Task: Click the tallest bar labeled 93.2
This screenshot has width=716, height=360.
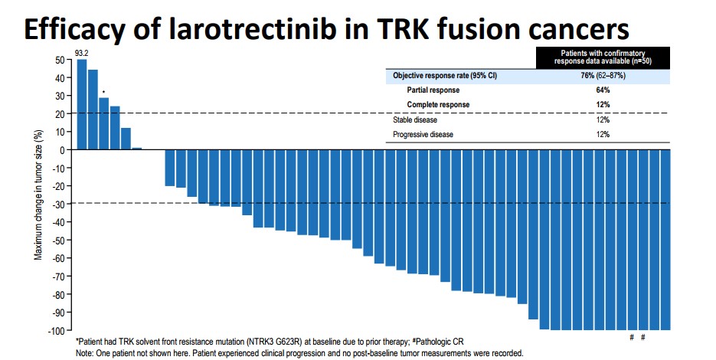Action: pos(81,104)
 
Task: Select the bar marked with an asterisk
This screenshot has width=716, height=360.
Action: pos(103,123)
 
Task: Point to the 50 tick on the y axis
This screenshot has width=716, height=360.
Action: pos(60,60)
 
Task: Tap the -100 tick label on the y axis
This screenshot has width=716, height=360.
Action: pos(56,330)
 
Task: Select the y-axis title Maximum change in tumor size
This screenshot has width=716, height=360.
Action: pos(38,195)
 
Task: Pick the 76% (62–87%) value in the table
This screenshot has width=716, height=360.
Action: pos(603,76)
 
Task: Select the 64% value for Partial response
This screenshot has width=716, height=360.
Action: pos(603,90)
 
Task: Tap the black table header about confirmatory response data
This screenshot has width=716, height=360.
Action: pos(603,57)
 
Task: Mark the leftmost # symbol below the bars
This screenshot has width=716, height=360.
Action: pos(632,338)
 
